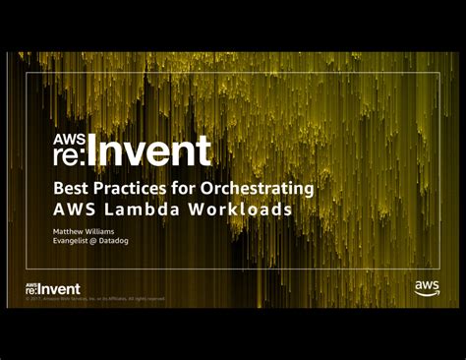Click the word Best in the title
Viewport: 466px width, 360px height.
[x=69, y=188]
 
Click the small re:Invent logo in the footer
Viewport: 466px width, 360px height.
[x=53, y=288]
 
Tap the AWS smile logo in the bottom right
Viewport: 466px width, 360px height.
[x=427, y=287]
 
